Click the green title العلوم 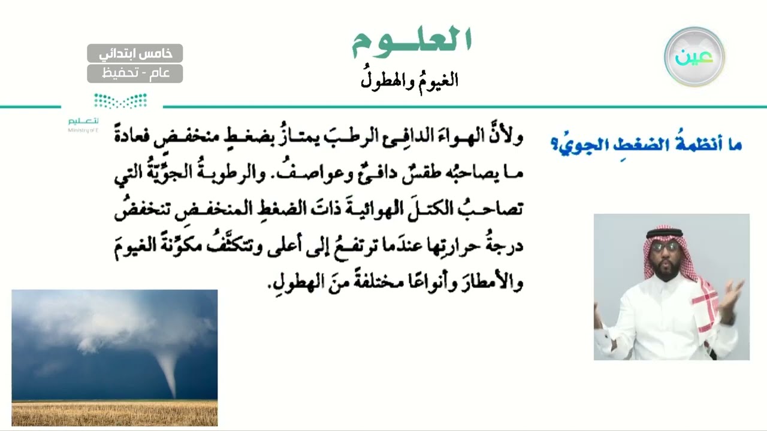(412, 40)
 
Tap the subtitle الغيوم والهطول (409, 80)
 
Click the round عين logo (694, 56)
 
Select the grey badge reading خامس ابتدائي (135, 53)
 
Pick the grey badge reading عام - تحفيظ (135, 74)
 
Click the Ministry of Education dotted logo (120, 101)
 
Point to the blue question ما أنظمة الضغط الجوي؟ (646, 144)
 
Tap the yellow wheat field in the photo (114, 412)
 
